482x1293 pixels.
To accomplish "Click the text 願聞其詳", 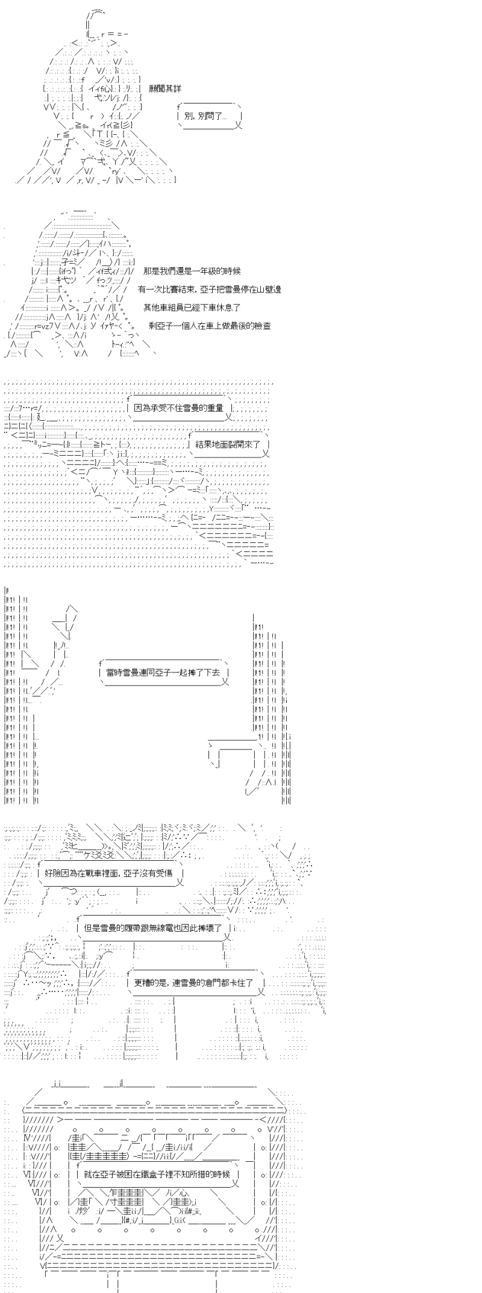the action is (x=164, y=88).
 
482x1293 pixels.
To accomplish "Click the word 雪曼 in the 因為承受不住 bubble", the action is (x=192, y=408).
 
